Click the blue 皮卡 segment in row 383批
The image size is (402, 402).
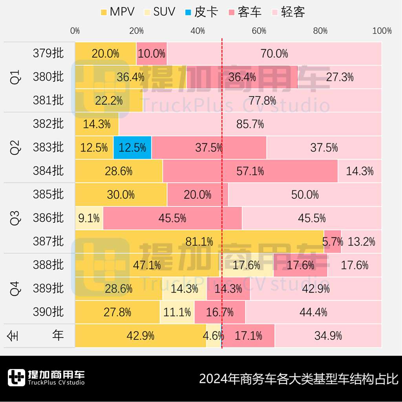(x=132, y=148)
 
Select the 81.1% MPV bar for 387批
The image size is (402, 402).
(x=199, y=242)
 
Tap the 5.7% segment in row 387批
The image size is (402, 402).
(x=333, y=242)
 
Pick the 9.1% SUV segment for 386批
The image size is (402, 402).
(x=89, y=218)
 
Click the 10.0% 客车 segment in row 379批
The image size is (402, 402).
(x=152, y=53)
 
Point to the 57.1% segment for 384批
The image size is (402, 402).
(x=250, y=171)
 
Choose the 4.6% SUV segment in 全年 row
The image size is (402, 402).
(x=214, y=336)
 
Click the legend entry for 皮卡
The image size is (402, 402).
(x=201, y=12)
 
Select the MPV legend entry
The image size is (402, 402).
(x=117, y=12)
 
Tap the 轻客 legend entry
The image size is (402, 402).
(x=288, y=12)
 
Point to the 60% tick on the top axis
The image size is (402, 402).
(x=259, y=31)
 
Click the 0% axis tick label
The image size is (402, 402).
(x=75, y=31)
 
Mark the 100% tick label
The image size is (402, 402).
(x=382, y=31)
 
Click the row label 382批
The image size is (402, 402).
(x=48, y=124)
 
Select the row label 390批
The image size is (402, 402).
(x=48, y=312)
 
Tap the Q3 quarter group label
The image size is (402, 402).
(x=15, y=218)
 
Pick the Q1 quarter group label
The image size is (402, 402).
(x=15, y=77)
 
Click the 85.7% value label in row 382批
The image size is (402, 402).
(x=250, y=124)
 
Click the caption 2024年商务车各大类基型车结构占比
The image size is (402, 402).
(x=298, y=379)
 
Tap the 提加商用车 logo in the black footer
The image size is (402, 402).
(x=46, y=378)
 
